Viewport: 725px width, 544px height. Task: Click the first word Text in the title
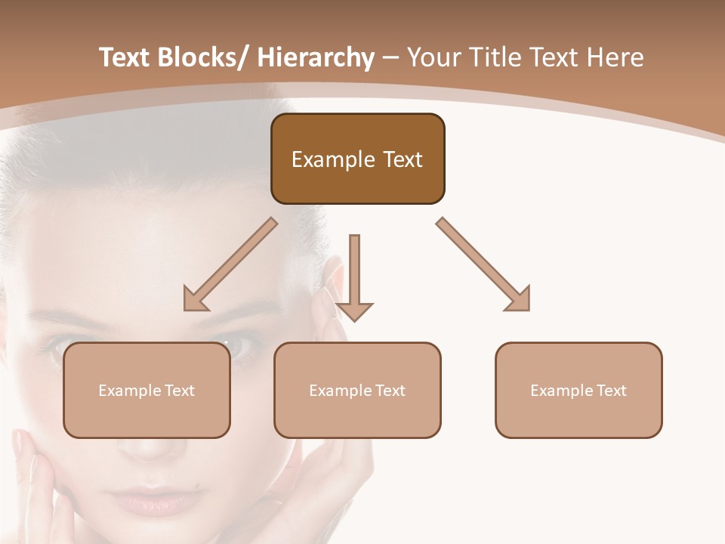[125, 58]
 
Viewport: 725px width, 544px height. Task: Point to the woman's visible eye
[240, 346]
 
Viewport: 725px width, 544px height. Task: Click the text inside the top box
[357, 159]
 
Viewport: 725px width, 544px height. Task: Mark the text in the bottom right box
[578, 391]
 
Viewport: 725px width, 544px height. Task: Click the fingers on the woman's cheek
[30, 468]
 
